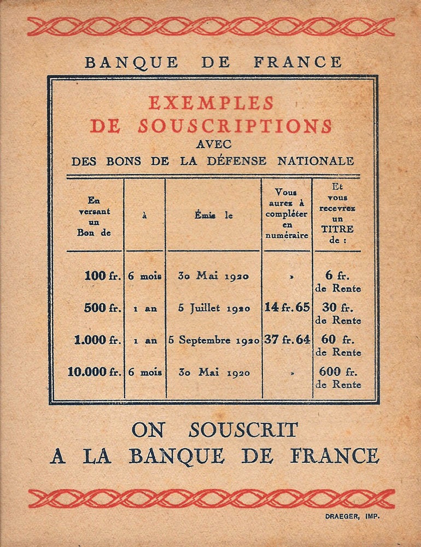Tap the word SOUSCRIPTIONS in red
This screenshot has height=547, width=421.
(235, 126)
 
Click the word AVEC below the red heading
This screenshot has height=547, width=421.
(213, 145)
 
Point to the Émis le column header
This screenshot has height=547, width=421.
(213, 216)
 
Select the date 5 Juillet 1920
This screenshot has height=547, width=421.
(214, 308)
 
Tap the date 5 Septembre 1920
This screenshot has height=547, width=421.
(214, 340)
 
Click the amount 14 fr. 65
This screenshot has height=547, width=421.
(287, 307)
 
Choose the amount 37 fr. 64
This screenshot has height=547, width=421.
(287, 340)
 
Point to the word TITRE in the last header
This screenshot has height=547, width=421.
(338, 229)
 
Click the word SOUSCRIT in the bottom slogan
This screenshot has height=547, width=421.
(243, 430)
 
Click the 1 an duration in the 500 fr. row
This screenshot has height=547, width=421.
(145, 309)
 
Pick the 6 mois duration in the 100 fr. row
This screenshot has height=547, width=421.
(145, 276)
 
